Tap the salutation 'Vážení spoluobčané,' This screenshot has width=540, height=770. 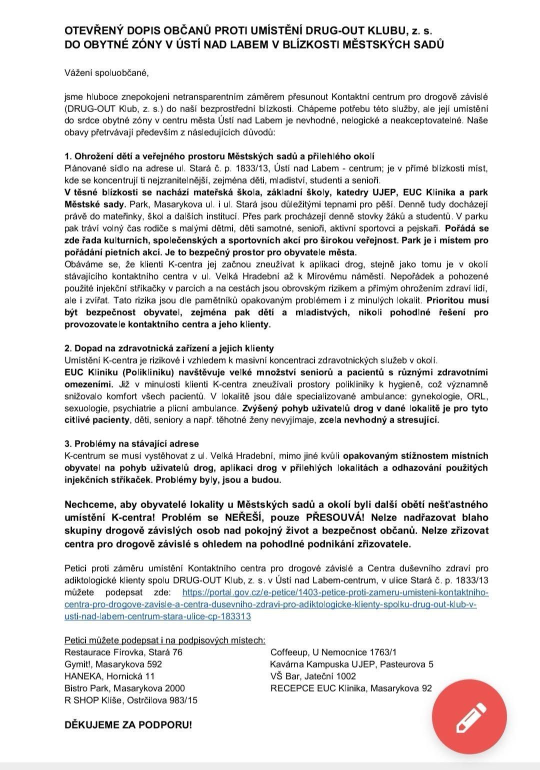(x=107, y=72)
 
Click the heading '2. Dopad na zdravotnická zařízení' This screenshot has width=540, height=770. (x=169, y=348)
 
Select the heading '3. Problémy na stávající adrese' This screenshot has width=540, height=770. (x=131, y=443)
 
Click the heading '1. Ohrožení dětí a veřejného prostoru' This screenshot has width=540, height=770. (x=219, y=156)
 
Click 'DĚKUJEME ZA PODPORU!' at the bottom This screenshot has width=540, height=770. (x=128, y=724)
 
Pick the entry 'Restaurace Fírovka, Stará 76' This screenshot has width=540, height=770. (x=123, y=652)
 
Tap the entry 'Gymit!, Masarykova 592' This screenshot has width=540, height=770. (x=113, y=664)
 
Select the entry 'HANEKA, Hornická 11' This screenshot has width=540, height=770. (x=109, y=676)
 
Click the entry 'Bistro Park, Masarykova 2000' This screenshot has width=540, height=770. (x=124, y=688)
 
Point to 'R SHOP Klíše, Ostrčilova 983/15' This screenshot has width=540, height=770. (x=131, y=700)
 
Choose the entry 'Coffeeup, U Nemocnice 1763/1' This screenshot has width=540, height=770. (x=333, y=652)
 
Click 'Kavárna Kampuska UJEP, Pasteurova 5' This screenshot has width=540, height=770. (x=351, y=664)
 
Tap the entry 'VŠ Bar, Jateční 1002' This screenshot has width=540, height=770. (x=313, y=676)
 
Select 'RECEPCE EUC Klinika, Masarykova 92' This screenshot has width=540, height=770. (x=350, y=688)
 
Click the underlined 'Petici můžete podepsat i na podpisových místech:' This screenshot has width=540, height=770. (x=165, y=640)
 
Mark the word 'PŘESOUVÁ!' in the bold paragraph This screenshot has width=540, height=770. (x=332, y=517)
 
